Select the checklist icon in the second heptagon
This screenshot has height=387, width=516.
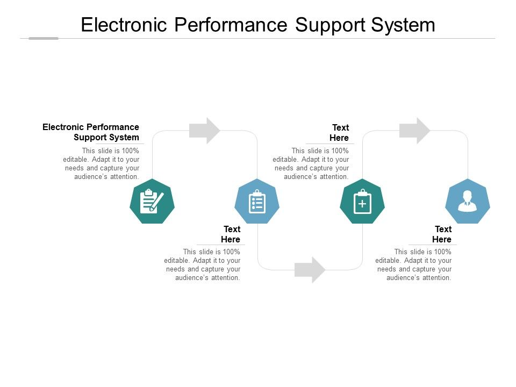point(257,202)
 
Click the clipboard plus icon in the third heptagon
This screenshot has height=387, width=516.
point(362,202)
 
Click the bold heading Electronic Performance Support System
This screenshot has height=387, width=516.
point(91,132)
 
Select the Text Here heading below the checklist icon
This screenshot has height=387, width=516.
point(231,234)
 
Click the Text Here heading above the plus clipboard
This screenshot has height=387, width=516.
point(340,133)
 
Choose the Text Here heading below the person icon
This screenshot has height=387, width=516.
point(442,234)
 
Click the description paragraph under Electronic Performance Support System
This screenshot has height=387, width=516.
point(102,163)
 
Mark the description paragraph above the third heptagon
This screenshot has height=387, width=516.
point(311,163)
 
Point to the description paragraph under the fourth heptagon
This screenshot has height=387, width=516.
point(414,264)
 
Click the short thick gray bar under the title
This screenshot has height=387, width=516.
point(43,38)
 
